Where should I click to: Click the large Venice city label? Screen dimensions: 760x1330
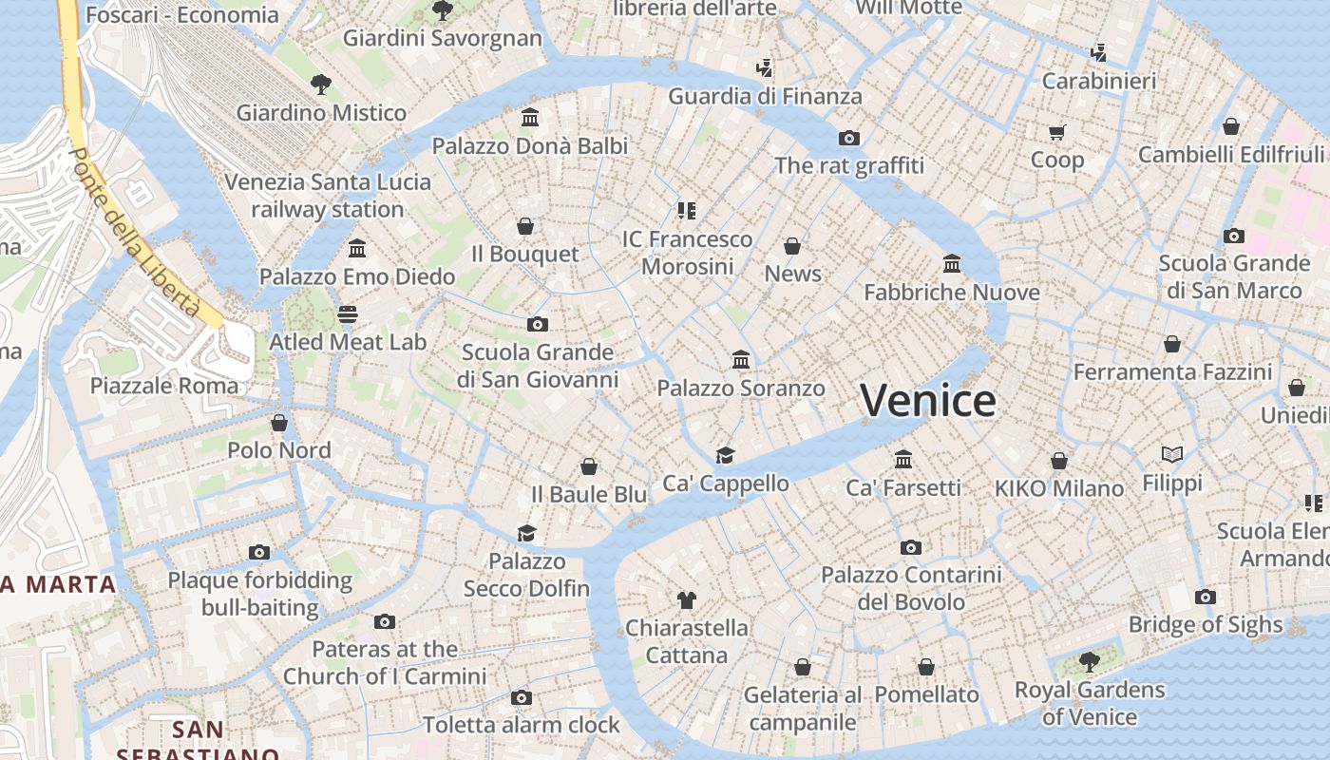tap(927, 400)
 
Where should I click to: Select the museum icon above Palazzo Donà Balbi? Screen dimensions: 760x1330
tap(530, 118)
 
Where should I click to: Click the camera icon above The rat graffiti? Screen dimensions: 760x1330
tap(849, 138)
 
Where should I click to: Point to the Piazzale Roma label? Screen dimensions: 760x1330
tap(164, 386)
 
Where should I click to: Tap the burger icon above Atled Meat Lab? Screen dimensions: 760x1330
tap(348, 313)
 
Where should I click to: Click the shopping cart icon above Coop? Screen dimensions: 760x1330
tap(1056, 132)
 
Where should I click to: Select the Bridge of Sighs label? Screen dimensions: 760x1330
tap(1205, 625)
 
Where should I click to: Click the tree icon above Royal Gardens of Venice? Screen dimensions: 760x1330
tap(1090, 661)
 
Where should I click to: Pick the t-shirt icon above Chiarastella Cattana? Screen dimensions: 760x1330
tap(687, 599)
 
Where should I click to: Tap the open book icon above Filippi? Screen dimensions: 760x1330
tap(1172, 455)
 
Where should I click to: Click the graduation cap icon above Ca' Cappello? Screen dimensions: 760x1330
tap(726, 455)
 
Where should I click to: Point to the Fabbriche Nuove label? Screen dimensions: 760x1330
tap(951, 292)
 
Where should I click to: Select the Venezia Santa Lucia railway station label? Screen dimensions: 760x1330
tap(328, 196)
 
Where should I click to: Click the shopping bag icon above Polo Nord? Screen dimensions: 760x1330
tap(279, 422)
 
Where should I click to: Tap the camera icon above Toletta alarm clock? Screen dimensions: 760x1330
tap(521, 697)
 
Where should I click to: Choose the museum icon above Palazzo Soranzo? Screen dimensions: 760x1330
tap(741, 360)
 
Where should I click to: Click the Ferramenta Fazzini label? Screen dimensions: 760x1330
tap(1172, 371)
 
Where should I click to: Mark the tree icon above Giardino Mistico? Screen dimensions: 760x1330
tap(321, 85)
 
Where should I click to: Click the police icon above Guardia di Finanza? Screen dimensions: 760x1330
tap(764, 67)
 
